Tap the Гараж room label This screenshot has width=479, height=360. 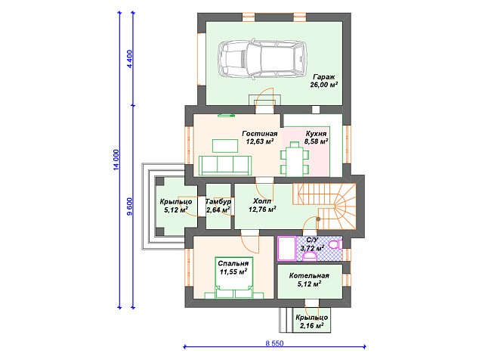324,77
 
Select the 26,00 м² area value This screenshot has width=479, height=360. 324,85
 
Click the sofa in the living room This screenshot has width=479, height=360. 225,166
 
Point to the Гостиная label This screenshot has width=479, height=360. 260,134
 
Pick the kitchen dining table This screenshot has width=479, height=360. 295,160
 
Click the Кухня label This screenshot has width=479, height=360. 316,134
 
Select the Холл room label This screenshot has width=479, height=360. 262,201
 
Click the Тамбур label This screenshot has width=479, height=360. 218,202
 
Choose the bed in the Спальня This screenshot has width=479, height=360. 234,278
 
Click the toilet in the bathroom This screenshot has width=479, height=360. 335,244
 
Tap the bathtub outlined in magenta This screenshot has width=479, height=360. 286,249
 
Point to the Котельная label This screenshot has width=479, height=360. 309,275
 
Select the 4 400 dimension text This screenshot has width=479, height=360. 130,59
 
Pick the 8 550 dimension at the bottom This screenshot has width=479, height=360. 274,343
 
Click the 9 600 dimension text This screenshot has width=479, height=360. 130,207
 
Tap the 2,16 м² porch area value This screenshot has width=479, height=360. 311,326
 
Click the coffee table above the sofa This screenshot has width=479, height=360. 225,146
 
